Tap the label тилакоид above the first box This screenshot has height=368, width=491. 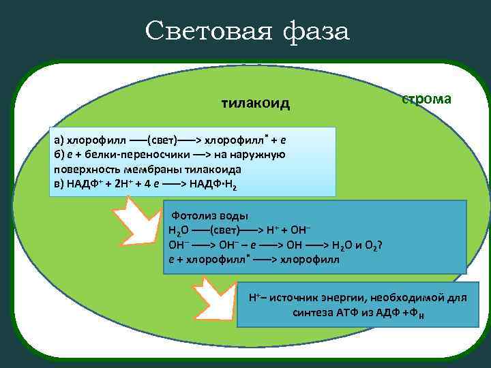(256, 104)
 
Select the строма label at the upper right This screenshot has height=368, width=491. (426, 99)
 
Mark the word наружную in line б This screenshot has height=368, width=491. (262, 155)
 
